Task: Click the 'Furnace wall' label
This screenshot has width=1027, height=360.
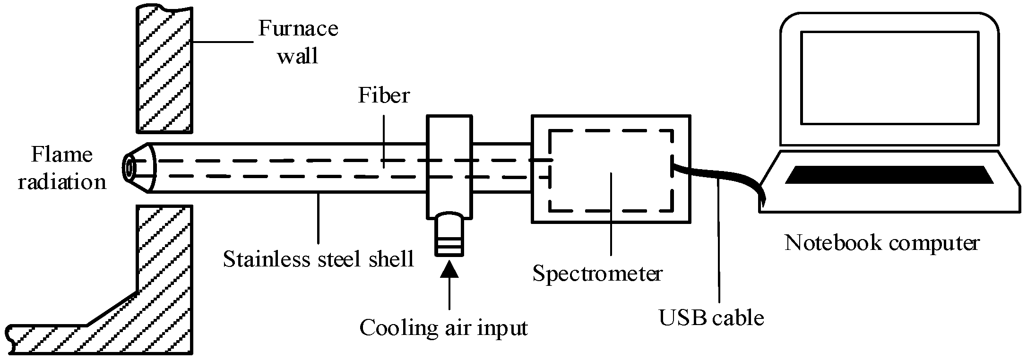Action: pyautogui.click(x=298, y=43)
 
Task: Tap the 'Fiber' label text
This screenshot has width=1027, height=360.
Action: pyautogui.click(x=383, y=95)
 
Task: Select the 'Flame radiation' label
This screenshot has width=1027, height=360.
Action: pyautogui.click(x=61, y=168)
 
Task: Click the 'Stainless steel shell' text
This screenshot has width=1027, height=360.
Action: pyautogui.click(x=319, y=259)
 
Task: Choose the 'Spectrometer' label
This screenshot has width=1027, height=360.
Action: pyautogui.click(x=597, y=274)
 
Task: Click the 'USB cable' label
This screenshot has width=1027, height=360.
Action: pyautogui.click(x=711, y=318)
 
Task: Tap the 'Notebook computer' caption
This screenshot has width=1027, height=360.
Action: pyautogui.click(x=882, y=243)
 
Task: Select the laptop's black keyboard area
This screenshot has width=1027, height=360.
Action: pyautogui.click(x=889, y=175)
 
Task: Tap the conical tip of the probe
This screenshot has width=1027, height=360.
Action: pyautogui.click(x=140, y=168)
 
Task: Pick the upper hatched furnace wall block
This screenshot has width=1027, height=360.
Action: pyautogui.click(x=164, y=69)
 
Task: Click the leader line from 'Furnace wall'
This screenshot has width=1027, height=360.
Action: pyautogui.click(x=222, y=42)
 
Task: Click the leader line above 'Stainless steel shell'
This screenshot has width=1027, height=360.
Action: pyautogui.click(x=319, y=217)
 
